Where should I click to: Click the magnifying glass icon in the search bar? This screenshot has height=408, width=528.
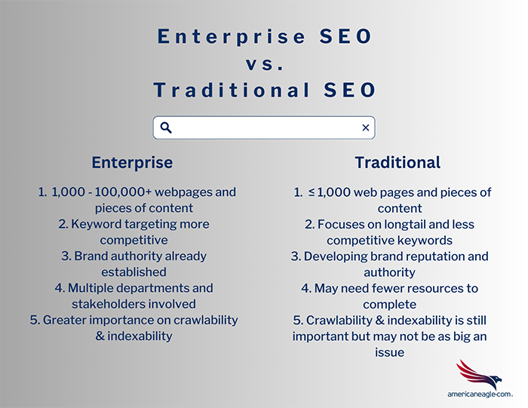pos(166,128)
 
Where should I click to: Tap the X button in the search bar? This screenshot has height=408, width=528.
pos(366,128)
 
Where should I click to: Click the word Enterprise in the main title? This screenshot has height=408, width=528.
pos(232,37)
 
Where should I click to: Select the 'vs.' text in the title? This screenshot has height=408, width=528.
pos(264,64)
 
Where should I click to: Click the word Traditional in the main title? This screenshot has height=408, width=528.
pos(232,90)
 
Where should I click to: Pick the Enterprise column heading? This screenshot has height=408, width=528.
pos(132,163)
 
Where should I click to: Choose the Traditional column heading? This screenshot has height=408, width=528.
pos(398,163)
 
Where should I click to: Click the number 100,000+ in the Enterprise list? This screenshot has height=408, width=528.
pos(123,192)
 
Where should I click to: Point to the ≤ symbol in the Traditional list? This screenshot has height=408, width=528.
pos(312,192)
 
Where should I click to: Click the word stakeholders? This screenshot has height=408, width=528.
pos(109,305)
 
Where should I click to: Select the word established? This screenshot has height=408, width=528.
pos(134,272)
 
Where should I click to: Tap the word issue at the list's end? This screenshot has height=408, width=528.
pos(390,352)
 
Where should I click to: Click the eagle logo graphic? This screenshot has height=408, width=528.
pos(479,374)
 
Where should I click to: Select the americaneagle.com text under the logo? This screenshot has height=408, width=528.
pos(480,394)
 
